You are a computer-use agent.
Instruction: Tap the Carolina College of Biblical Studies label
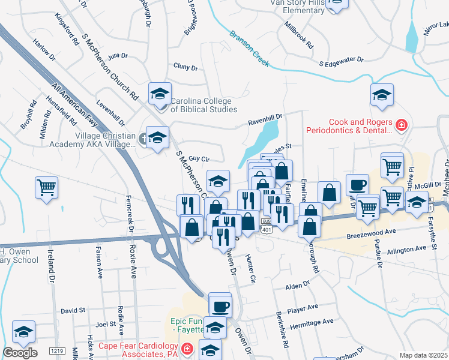click(204, 105)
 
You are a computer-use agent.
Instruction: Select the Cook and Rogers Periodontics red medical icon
click(400, 125)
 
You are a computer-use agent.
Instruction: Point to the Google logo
click(20, 353)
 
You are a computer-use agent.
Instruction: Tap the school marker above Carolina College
click(160, 94)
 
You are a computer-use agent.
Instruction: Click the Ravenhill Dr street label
click(265, 120)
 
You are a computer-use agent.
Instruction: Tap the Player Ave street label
click(303, 308)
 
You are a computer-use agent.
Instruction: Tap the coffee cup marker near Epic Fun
click(220, 305)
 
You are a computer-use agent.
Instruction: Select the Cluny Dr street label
click(185, 67)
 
